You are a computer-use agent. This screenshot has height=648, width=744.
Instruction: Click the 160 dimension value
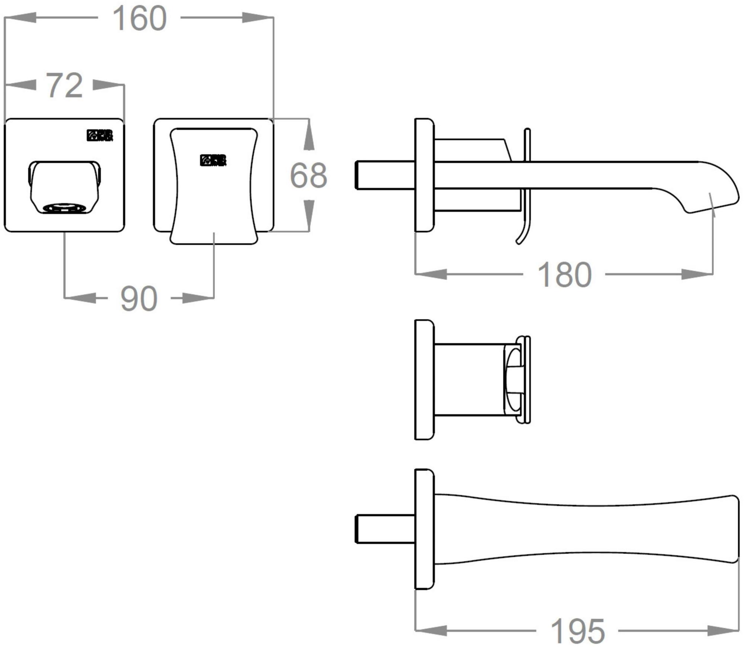[x=139, y=19]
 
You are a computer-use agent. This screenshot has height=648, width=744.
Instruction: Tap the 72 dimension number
[x=64, y=86]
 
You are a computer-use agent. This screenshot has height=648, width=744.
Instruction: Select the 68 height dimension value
[x=308, y=175]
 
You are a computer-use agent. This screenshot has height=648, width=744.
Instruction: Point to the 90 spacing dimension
[x=139, y=299]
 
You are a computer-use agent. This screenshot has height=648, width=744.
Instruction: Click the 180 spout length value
[x=564, y=275]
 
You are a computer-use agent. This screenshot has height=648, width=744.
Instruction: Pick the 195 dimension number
[x=577, y=631]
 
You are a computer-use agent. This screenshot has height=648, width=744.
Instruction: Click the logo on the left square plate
[x=100, y=136]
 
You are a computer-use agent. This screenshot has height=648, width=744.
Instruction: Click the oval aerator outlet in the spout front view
[x=64, y=208]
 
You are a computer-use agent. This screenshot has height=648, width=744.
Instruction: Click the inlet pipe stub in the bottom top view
[x=385, y=529]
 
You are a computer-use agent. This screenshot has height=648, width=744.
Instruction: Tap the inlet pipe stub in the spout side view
[x=385, y=175]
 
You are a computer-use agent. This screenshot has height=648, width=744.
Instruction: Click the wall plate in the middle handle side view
[x=424, y=379]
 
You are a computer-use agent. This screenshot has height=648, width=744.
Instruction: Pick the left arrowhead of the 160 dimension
[x=20, y=18]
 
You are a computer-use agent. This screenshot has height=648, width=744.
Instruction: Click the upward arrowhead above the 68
[x=308, y=138]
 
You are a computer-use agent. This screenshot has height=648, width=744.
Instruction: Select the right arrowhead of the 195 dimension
[x=724, y=630]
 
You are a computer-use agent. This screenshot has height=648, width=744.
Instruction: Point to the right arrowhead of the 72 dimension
[x=108, y=85]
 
